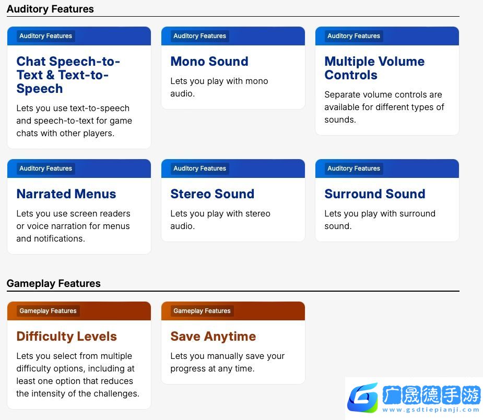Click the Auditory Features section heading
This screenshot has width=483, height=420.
click(x=50, y=9)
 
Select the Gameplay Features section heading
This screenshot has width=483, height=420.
click(x=54, y=283)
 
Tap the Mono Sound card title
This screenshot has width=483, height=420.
click(x=209, y=61)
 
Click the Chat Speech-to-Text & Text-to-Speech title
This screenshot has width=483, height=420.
click(x=68, y=75)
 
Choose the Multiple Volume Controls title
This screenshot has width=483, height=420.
click(x=374, y=68)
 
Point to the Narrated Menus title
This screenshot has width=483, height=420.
click(x=66, y=194)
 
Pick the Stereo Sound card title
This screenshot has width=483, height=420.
click(x=212, y=194)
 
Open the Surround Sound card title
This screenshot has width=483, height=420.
click(x=375, y=194)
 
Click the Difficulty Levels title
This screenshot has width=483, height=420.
click(x=66, y=337)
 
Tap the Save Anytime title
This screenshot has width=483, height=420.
click(x=213, y=337)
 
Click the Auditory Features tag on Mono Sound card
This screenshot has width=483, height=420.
click(x=199, y=36)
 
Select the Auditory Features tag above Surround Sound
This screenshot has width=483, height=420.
click(x=354, y=169)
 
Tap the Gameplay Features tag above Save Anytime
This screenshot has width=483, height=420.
click(x=202, y=311)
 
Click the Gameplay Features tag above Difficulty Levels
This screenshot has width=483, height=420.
click(x=48, y=311)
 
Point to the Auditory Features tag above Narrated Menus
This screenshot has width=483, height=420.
click(x=45, y=169)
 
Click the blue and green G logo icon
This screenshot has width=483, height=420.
click(x=363, y=397)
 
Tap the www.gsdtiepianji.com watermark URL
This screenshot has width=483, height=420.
click(x=431, y=410)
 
